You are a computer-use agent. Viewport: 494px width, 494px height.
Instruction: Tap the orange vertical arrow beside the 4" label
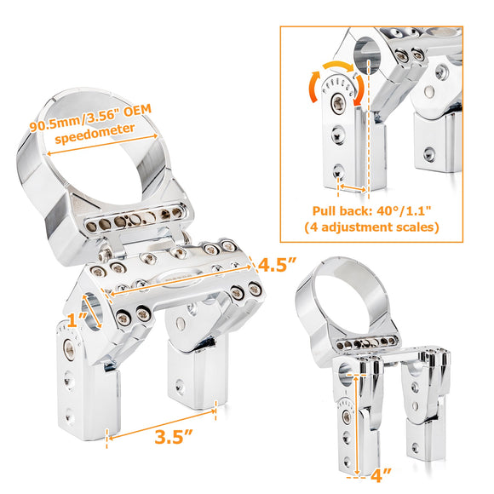tap(358, 422)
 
